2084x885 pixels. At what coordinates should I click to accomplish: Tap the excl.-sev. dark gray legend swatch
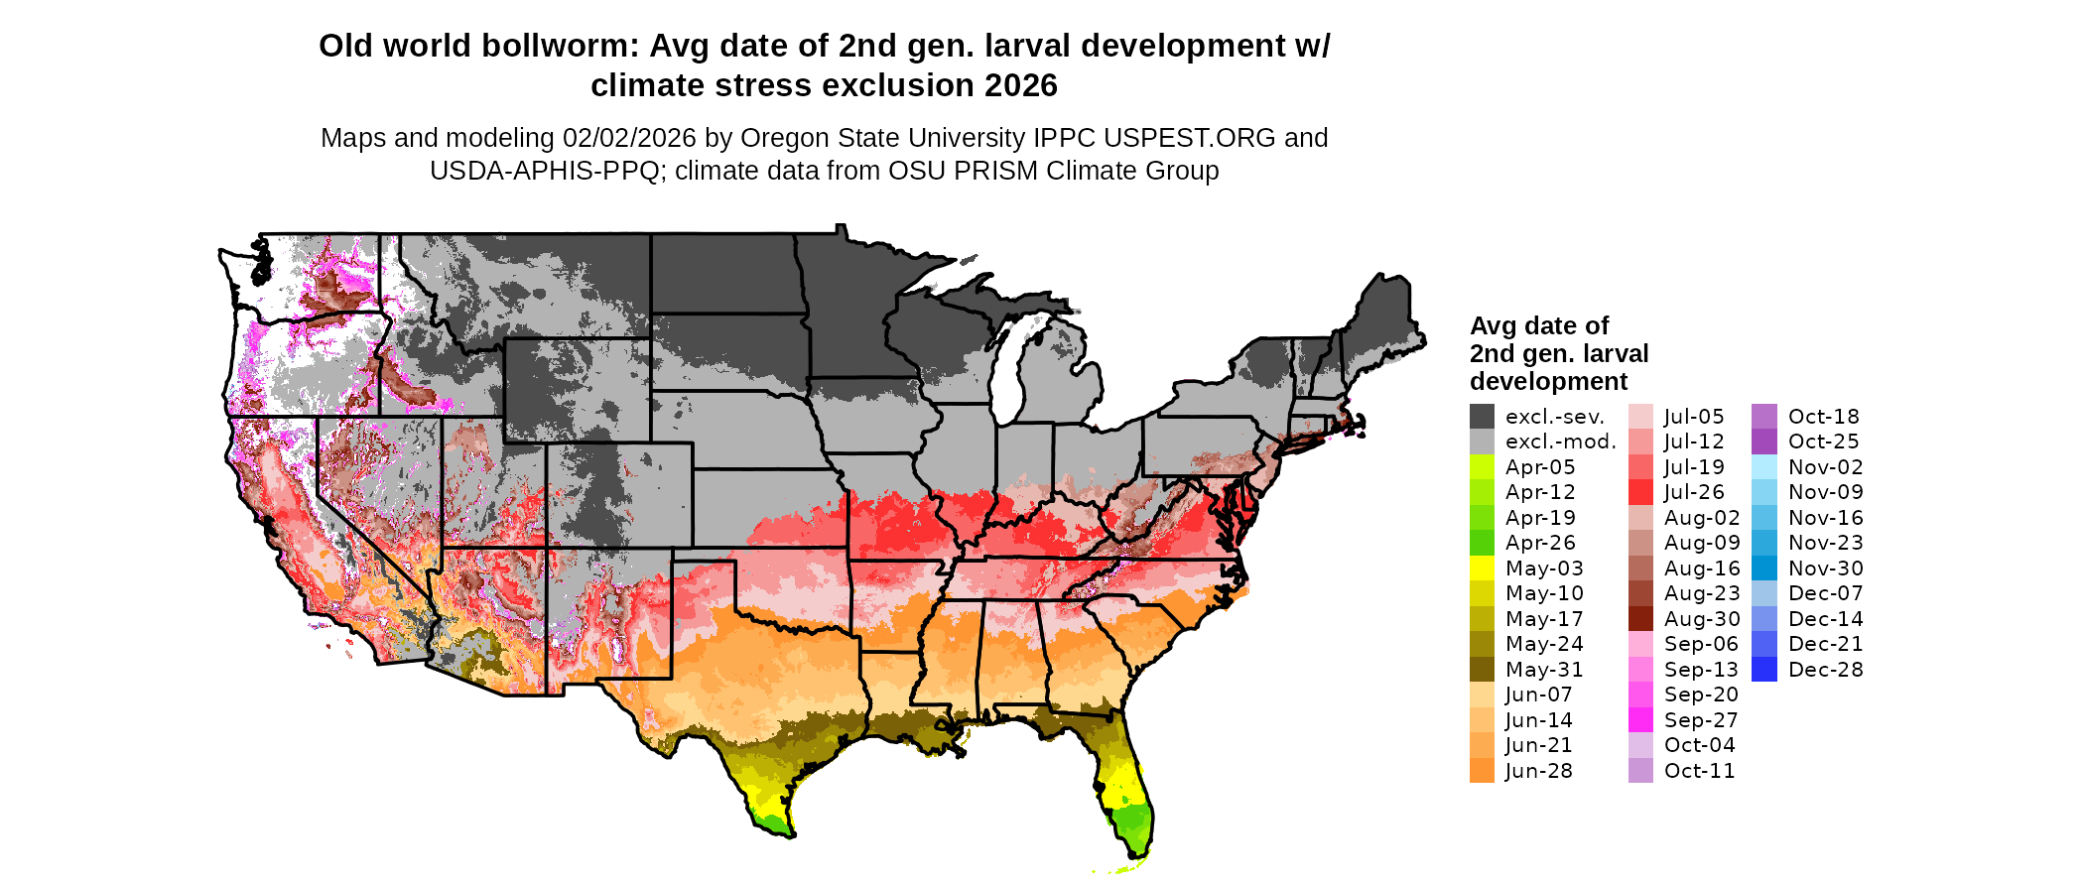coord(1482,417)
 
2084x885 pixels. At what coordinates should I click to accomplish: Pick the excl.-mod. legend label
coord(1560,442)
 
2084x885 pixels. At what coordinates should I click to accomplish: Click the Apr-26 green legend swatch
coord(1482,543)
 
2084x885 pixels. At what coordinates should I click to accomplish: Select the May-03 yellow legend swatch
coord(1482,569)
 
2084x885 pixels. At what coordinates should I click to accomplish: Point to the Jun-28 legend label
coord(1538,771)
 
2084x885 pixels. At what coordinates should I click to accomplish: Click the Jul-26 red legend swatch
coord(1640,492)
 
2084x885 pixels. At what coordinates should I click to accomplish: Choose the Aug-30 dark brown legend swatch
coord(1640,619)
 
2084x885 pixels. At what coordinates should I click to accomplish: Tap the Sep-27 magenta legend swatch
coord(1640,720)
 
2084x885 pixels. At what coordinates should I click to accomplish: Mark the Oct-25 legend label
coord(1823,442)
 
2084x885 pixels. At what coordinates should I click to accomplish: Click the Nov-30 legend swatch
coord(1764,569)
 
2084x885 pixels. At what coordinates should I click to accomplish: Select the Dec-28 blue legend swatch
coord(1764,670)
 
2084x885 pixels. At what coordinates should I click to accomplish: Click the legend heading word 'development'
coord(1548,382)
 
